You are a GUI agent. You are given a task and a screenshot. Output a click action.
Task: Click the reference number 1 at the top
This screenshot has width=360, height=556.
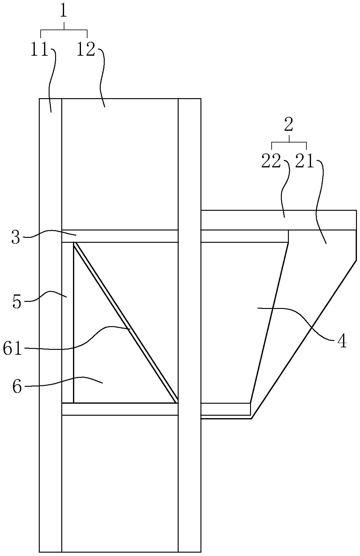64,11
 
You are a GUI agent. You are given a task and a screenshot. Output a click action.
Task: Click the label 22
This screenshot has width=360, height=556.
271,161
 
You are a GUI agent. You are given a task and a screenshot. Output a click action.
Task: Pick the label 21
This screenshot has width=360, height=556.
304,161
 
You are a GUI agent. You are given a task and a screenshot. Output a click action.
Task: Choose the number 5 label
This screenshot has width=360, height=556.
17,302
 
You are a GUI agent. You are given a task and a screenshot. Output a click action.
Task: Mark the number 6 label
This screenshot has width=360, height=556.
17,386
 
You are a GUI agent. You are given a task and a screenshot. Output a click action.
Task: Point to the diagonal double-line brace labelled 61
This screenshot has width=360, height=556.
125,322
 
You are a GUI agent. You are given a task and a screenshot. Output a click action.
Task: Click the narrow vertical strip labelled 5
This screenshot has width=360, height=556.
68,322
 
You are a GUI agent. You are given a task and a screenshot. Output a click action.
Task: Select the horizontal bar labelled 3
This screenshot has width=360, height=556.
120,236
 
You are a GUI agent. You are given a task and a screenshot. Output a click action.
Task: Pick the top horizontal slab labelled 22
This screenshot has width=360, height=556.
279,220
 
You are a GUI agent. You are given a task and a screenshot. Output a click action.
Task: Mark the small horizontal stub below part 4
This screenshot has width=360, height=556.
226,409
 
